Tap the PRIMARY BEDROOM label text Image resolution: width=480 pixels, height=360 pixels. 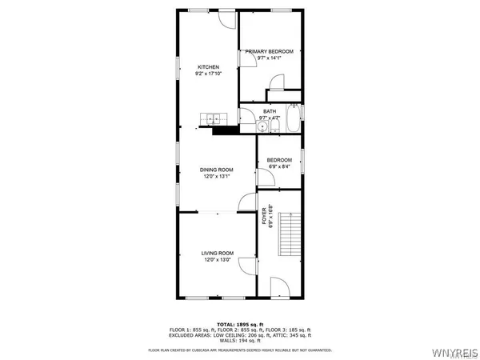(x=270, y=51)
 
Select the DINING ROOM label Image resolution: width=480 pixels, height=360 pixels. (x=216, y=170)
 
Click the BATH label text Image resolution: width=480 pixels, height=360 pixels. (x=270, y=111)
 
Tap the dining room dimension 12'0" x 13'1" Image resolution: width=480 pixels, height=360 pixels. (x=216, y=177)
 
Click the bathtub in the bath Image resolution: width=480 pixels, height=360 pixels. (x=294, y=118)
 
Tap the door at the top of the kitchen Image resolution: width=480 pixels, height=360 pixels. (x=226, y=20)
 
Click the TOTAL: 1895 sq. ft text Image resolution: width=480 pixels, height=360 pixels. (x=240, y=323)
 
